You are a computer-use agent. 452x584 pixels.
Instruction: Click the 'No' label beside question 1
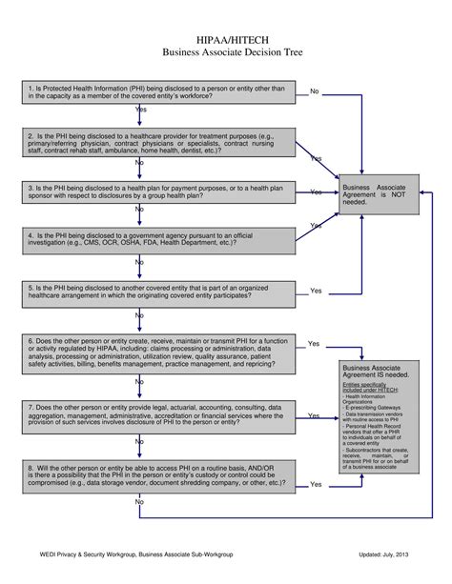(x=315, y=91)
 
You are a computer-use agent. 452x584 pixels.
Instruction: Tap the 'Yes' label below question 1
(x=141, y=111)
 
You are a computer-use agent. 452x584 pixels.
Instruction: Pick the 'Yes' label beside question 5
(x=316, y=291)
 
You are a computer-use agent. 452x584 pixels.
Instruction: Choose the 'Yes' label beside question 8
(x=316, y=484)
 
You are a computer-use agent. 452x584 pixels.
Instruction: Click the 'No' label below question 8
(x=139, y=501)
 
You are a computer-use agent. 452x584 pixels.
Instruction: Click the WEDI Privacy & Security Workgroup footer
(x=136, y=554)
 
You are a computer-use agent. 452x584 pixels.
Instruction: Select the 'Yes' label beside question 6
(x=314, y=343)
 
